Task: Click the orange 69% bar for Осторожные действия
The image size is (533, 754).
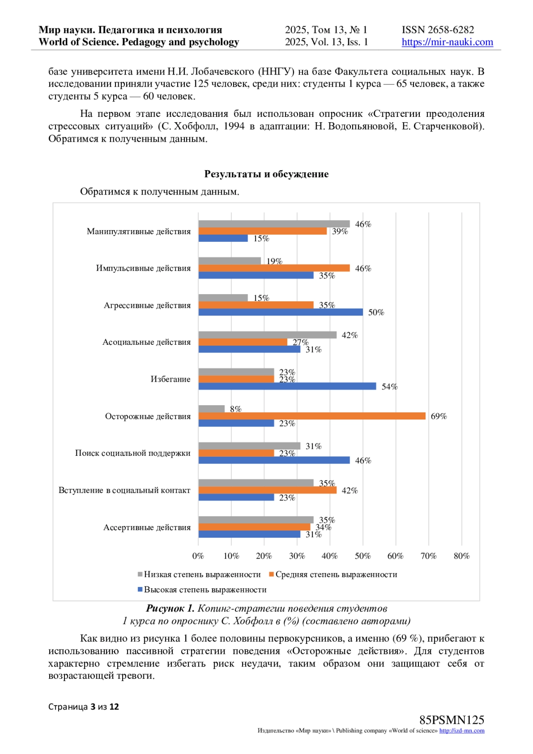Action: coord(312,416)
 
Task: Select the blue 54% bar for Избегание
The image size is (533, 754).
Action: coord(287,386)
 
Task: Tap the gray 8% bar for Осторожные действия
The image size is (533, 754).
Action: coord(211,409)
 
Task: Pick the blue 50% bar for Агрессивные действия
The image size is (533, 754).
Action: coord(280,312)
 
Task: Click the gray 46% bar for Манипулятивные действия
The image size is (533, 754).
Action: coord(274,224)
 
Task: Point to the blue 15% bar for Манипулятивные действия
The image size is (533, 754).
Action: coord(223,238)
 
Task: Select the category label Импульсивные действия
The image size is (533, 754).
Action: coord(143,268)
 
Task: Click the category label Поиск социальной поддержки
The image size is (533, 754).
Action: coord(132,453)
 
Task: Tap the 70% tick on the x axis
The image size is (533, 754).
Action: coord(429,556)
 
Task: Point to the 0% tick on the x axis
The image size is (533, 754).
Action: coord(198,556)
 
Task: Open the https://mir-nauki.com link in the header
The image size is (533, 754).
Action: coord(447,42)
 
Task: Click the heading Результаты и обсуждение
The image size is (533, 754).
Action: coord(266,174)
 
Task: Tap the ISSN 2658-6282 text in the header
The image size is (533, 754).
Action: coord(438,30)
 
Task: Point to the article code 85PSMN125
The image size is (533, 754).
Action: coord(452,720)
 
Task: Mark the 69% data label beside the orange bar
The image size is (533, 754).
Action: coord(439,416)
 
